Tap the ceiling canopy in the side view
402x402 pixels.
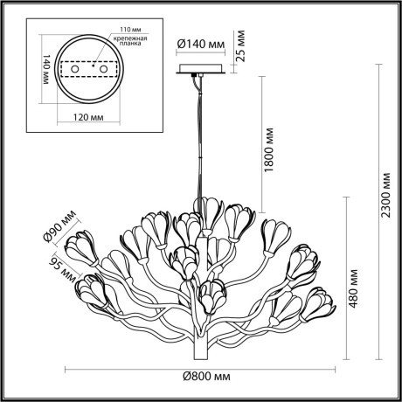coord(202,69)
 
